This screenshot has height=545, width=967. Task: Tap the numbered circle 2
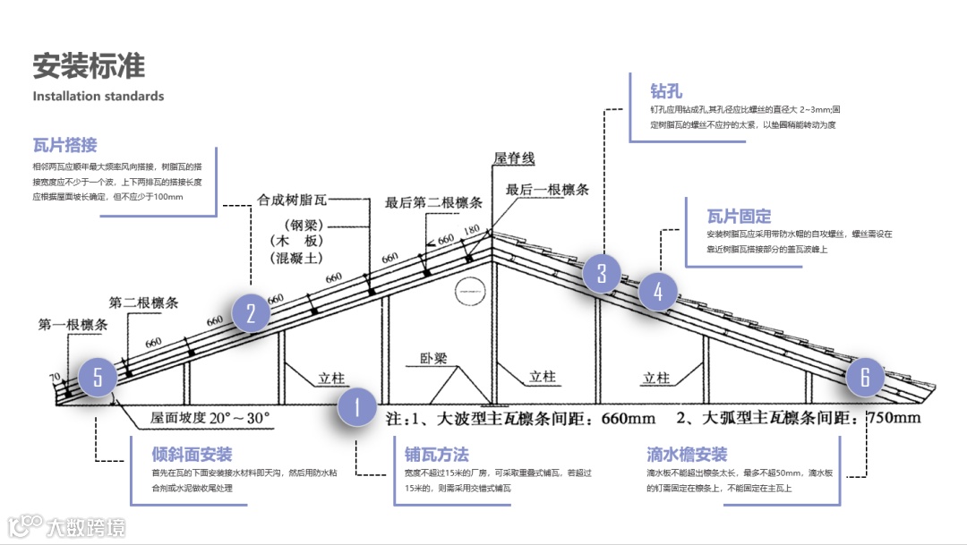[x=252, y=313]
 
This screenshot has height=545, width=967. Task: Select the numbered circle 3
[x=603, y=273]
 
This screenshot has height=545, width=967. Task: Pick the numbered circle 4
[x=659, y=292]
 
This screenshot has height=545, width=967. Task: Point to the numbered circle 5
[x=98, y=378]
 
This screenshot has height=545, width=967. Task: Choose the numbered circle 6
[x=865, y=377]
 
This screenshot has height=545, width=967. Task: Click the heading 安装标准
[x=88, y=66]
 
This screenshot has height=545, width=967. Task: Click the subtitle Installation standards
[x=98, y=96]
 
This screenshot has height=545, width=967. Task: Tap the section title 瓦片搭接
[x=64, y=145]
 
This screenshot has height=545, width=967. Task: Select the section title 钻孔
[x=666, y=90]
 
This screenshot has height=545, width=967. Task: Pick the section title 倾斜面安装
[x=192, y=455]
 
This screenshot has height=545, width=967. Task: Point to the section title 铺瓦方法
[x=436, y=455]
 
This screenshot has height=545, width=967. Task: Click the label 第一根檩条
[x=73, y=324]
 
